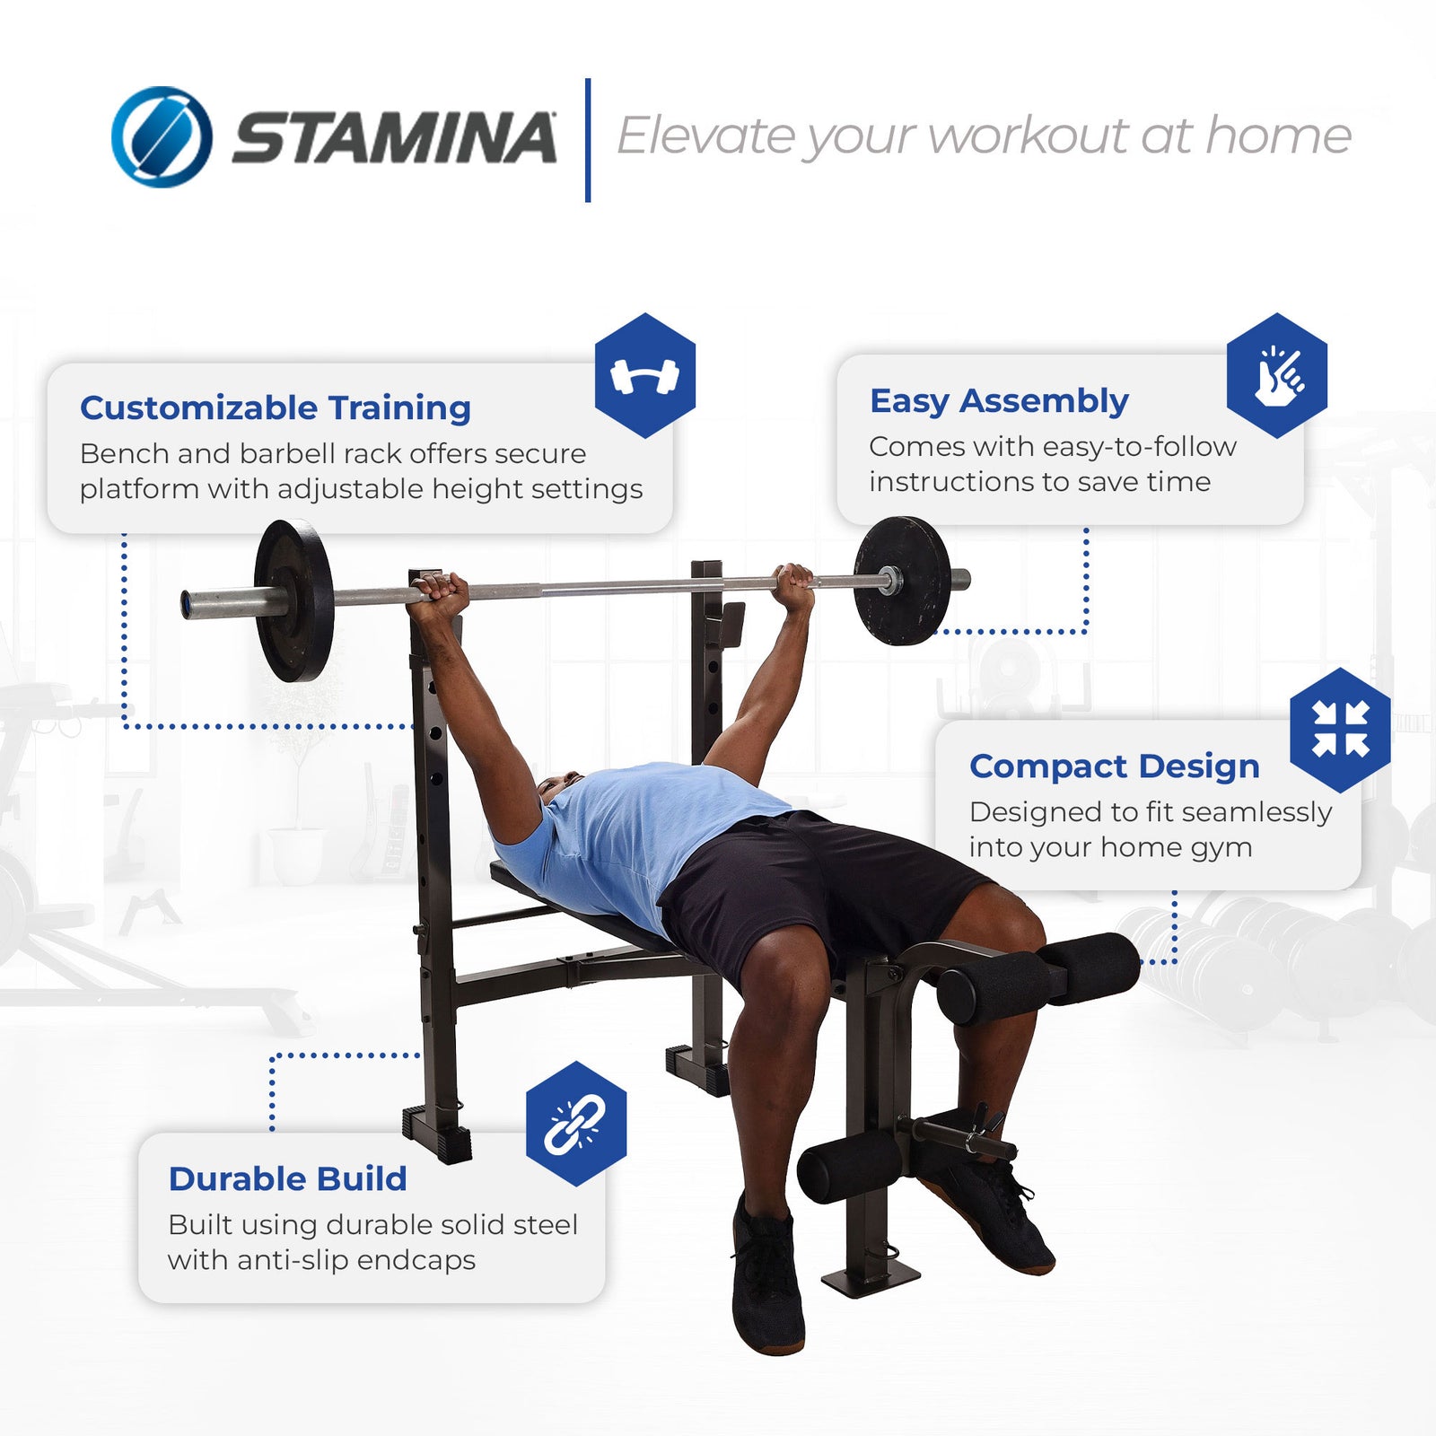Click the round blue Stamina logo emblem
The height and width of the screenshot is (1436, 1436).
point(162,136)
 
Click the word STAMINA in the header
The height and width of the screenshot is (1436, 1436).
point(394,138)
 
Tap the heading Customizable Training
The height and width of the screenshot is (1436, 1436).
point(275,407)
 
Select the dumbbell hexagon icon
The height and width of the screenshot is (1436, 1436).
point(644,375)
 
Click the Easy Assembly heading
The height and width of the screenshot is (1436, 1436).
point(999,400)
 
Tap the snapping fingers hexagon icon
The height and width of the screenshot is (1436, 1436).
point(1276,375)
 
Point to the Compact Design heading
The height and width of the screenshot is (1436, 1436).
point(1114,766)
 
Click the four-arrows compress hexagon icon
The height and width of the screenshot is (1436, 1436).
point(1340,730)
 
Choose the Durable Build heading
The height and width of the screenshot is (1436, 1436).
point(287,1178)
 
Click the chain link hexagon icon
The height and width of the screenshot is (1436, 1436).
point(575,1124)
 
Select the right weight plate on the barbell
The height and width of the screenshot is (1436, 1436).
point(901,581)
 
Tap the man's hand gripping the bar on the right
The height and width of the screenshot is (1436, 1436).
point(794,583)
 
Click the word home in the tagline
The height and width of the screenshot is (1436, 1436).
point(1278,136)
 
